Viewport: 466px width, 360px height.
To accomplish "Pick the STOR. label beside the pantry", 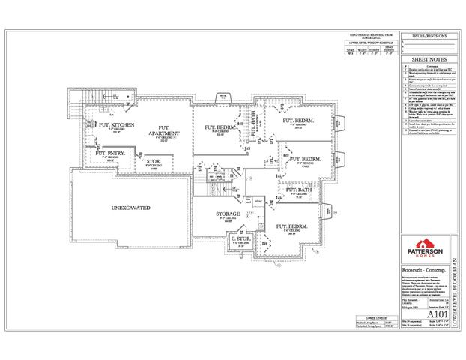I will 154,161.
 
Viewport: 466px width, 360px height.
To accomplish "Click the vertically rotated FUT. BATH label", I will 255,124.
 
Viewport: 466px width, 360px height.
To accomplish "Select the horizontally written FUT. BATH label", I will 297,192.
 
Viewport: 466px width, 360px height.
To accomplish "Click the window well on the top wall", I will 223,95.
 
